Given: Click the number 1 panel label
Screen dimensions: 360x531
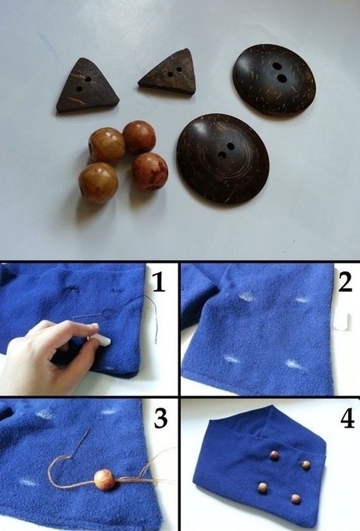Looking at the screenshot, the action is click(x=159, y=283).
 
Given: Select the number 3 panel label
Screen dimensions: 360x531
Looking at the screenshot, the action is click(x=160, y=418).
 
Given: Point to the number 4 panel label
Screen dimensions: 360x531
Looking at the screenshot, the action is click(x=347, y=419).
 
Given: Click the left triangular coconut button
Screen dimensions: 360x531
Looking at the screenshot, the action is click(x=86, y=87).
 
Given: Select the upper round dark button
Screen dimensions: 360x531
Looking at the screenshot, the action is click(x=274, y=80).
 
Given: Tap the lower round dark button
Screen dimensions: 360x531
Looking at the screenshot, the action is click(x=223, y=158).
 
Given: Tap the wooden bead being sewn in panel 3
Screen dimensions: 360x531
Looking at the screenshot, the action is click(x=104, y=479).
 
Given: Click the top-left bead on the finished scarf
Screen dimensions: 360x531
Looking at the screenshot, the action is click(x=274, y=456).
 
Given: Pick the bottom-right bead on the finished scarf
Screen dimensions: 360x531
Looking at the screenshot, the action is click(x=295, y=499).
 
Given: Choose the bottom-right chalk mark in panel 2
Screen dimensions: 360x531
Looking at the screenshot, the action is click(x=294, y=365).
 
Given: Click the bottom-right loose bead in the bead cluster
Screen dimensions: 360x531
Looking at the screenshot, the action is click(x=150, y=172).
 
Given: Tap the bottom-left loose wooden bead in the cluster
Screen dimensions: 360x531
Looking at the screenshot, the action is click(x=98, y=182).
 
